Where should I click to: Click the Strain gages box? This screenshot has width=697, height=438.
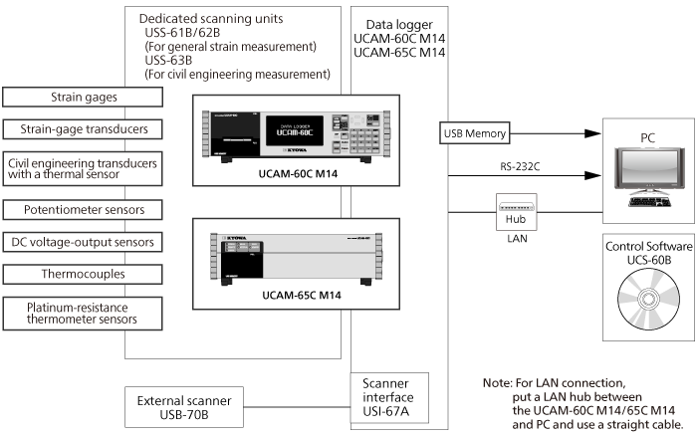coord(84,98)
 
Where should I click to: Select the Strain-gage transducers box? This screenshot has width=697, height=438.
coord(84,129)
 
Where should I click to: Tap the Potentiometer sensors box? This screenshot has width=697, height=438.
coord(84,210)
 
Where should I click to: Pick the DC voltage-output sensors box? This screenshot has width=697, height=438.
coord(84,242)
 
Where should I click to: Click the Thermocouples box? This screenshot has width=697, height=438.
coord(84,274)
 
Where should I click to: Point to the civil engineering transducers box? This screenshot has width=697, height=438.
coord(84,168)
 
